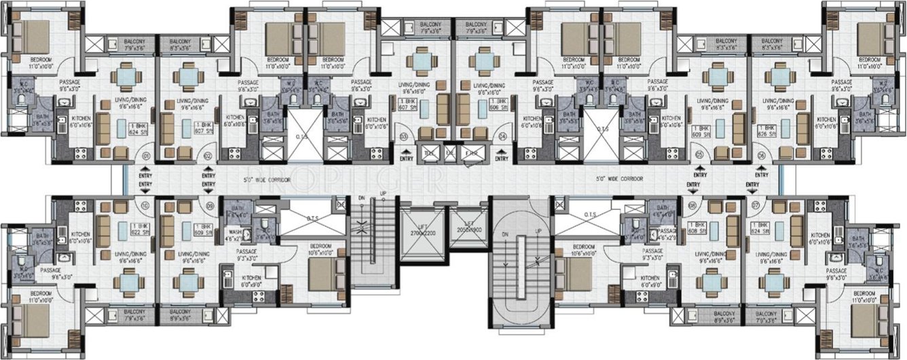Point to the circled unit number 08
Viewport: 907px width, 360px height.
pos(692,205)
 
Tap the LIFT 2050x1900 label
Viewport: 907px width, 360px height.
pos(468,227)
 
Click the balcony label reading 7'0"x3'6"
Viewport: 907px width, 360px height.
pos(766,317)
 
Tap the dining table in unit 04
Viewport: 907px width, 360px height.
pos(483,62)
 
